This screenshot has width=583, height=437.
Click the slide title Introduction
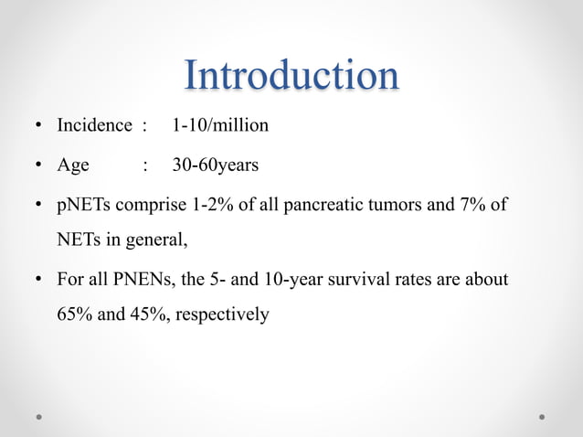point(291,75)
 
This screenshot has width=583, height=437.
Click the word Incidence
point(94,125)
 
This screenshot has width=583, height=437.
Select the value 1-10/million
point(220,125)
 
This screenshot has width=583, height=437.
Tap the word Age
point(73,165)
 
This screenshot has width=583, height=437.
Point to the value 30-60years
point(216,165)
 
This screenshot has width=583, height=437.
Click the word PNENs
point(138,279)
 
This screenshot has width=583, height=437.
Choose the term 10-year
point(285,279)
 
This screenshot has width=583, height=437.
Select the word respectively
point(222,315)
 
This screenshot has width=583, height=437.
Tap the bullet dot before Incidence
point(40,126)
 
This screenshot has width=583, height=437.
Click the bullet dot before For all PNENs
point(40,280)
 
